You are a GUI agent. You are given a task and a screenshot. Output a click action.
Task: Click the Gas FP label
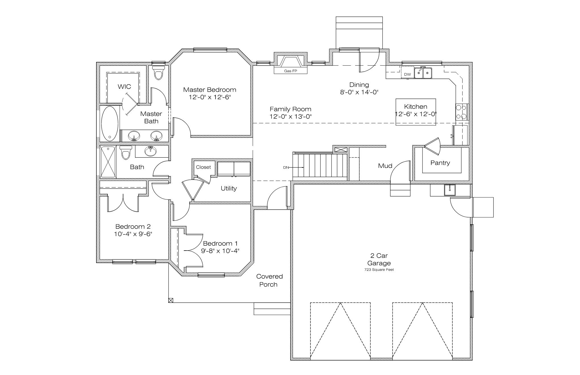click(290, 71)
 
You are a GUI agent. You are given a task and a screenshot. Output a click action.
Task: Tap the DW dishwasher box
click(407, 73)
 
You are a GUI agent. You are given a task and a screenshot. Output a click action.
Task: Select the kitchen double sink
click(423, 73)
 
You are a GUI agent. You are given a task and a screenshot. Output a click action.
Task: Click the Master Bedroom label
click(210, 90)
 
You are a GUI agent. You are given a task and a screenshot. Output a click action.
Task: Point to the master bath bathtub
click(110, 124)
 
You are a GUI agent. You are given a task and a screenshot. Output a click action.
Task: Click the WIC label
click(124, 87)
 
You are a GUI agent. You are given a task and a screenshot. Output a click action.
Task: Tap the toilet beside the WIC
click(158, 73)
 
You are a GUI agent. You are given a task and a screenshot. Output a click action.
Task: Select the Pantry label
click(440, 163)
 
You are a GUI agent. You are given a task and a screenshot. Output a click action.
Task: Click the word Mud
click(385, 166)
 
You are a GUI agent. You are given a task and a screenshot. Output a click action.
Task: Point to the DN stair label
click(286, 168)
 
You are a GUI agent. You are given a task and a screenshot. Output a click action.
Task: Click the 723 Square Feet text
click(379, 270)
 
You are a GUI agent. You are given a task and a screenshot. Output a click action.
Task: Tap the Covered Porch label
click(269, 280)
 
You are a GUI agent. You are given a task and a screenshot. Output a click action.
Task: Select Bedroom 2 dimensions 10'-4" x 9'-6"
click(133, 234)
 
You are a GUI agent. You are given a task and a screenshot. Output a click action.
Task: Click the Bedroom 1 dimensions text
click(220, 251)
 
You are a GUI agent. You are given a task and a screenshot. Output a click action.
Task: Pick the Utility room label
click(229, 188)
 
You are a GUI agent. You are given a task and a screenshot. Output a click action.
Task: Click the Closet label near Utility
click(203, 167)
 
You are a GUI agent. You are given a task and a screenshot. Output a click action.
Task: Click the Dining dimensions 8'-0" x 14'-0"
click(359, 92)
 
